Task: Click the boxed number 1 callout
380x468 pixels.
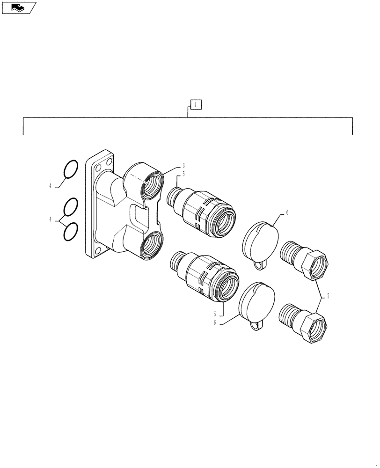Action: click(196, 104)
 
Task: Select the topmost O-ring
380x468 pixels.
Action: click(70, 169)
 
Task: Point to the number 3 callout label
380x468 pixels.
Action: click(183, 166)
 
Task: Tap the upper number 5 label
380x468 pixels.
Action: click(183, 174)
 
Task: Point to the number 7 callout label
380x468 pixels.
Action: click(328, 296)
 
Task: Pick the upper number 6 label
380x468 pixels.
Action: click(287, 212)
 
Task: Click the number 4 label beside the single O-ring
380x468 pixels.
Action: click(50, 186)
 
